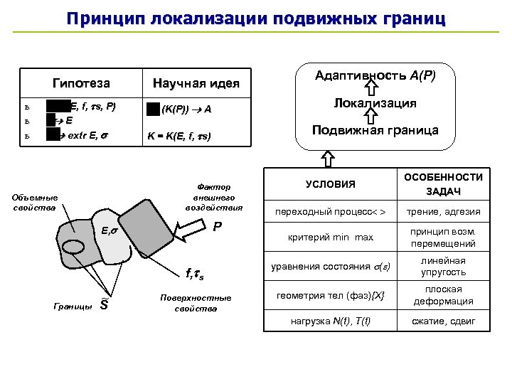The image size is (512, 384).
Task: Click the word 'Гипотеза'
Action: [82, 83]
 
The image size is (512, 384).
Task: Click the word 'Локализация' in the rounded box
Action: [375, 104]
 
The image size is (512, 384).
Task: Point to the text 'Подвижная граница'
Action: [375, 130]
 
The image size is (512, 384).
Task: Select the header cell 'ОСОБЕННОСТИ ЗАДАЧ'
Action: [443, 185]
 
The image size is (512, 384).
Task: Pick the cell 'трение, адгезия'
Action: [443, 212]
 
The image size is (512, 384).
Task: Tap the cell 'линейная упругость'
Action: [443, 267]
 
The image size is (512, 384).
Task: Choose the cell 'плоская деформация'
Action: [443, 295]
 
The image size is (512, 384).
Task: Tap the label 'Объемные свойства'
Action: [35, 203]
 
